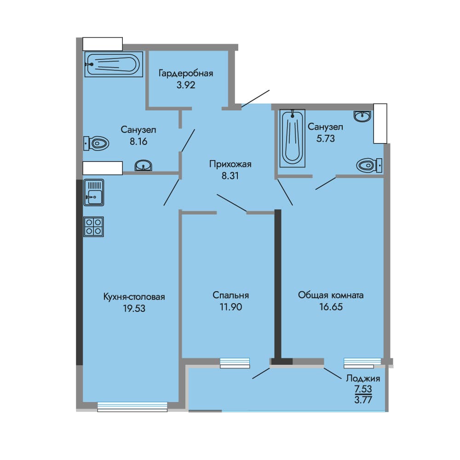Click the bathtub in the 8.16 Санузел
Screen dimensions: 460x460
pyautogui.click(x=114, y=64)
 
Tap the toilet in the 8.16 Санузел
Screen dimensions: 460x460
pyautogui.click(x=96, y=144)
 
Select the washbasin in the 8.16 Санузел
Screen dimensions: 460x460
pyautogui.click(x=143, y=166)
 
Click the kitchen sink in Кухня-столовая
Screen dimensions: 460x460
pyautogui.click(x=93, y=192)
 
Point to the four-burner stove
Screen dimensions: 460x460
pyautogui.click(x=93, y=227)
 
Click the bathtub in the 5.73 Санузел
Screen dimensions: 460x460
pyautogui.click(x=292, y=138)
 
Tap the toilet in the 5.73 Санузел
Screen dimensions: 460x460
pyautogui.click(x=369, y=166)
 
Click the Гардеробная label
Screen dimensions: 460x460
pyautogui.click(x=186, y=73)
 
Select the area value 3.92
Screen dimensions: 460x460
pyautogui.click(x=186, y=85)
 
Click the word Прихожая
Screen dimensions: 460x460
pyautogui.click(x=230, y=164)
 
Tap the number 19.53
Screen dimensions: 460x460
pyautogui.click(x=134, y=309)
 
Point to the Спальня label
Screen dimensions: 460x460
pyautogui.click(x=230, y=295)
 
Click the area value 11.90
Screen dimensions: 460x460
pyautogui.click(x=230, y=307)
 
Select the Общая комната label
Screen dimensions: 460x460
pyautogui.click(x=331, y=295)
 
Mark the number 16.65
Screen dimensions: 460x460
pyautogui.click(x=331, y=307)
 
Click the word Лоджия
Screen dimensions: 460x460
pyautogui.click(x=363, y=379)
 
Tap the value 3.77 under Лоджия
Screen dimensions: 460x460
pyautogui.click(x=363, y=400)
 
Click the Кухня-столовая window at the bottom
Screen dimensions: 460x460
pyautogui.click(x=132, y=407)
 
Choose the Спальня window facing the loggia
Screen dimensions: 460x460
pyautogui.click(x=235, y=363)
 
